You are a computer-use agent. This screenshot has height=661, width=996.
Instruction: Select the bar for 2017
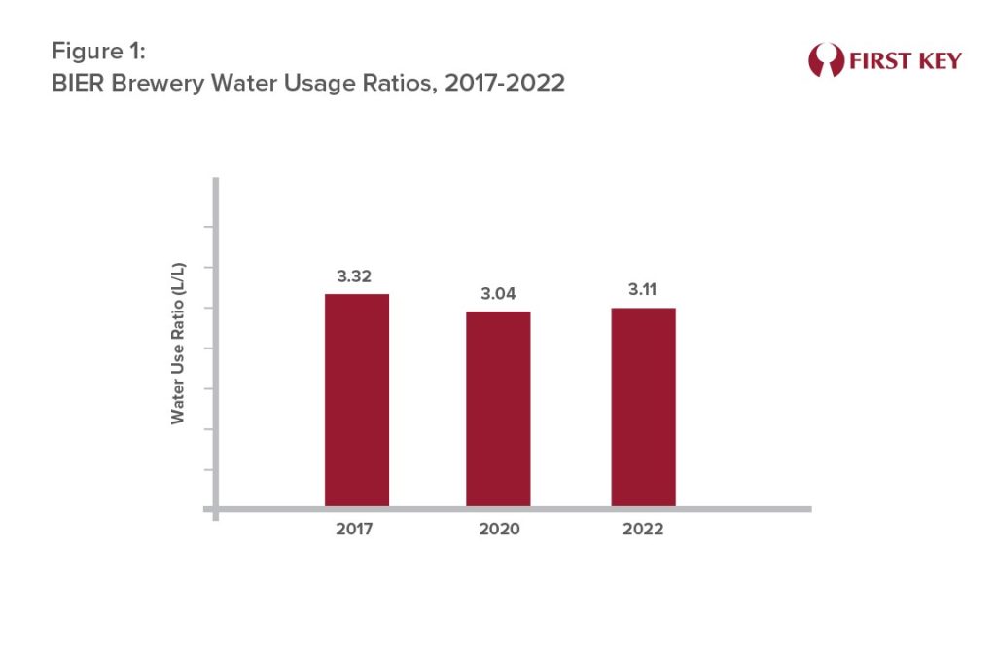click(x=357, y=399)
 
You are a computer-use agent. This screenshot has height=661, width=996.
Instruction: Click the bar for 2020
click(x=498, y=408)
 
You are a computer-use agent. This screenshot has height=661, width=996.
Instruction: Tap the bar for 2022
click(x=643, y=407)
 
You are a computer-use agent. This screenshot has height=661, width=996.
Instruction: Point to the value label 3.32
click(x=356, y=277)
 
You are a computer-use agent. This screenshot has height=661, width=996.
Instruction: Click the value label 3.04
click(x=498, y=294)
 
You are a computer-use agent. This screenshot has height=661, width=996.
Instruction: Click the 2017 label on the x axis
click(x=356, y=530)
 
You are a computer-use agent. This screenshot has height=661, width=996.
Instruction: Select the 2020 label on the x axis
click(x=498, y=530)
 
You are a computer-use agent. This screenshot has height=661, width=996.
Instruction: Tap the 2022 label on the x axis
click(x=643, y=530)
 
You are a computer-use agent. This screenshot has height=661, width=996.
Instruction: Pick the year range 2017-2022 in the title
click(x=503, y=84)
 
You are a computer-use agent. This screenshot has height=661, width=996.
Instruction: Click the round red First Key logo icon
click(x=825, y=60)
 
